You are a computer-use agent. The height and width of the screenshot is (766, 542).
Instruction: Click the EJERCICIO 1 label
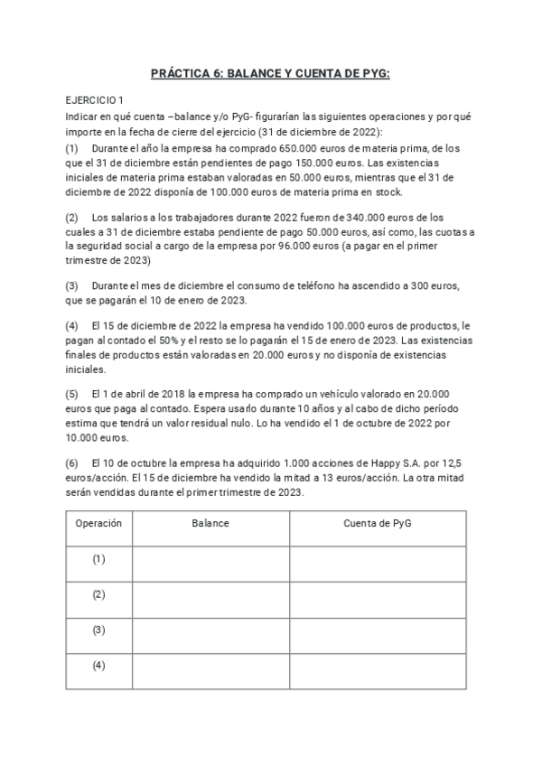click(x=96, y=100)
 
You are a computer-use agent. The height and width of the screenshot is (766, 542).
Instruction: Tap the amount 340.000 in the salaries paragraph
click(x=364, y=218)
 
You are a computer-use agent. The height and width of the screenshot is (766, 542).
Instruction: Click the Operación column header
click(x=98, y=523)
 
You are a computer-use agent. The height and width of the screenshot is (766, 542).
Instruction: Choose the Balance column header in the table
click(x=210, y=523)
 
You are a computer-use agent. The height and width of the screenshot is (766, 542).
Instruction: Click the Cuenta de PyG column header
click(x=378, y=523)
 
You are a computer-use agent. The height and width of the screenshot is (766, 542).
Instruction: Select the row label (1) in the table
click(x=98, y=559)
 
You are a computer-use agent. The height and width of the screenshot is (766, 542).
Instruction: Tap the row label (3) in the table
click(x=98, y=630)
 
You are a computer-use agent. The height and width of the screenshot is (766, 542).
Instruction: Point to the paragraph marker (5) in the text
click(x=72, y=395)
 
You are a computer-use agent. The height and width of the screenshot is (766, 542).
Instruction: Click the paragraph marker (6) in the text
click(x=72, y=462)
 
